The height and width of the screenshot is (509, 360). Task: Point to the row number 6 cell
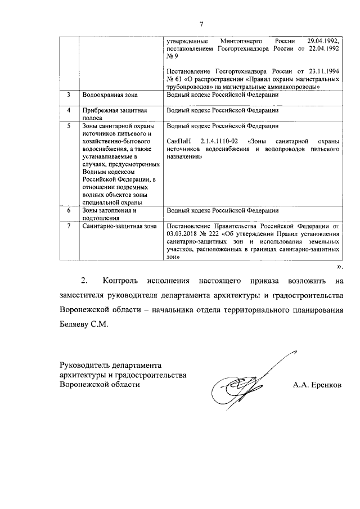(x=69, y=210)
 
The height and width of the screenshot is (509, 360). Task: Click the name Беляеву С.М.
(x=82, y=325)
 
